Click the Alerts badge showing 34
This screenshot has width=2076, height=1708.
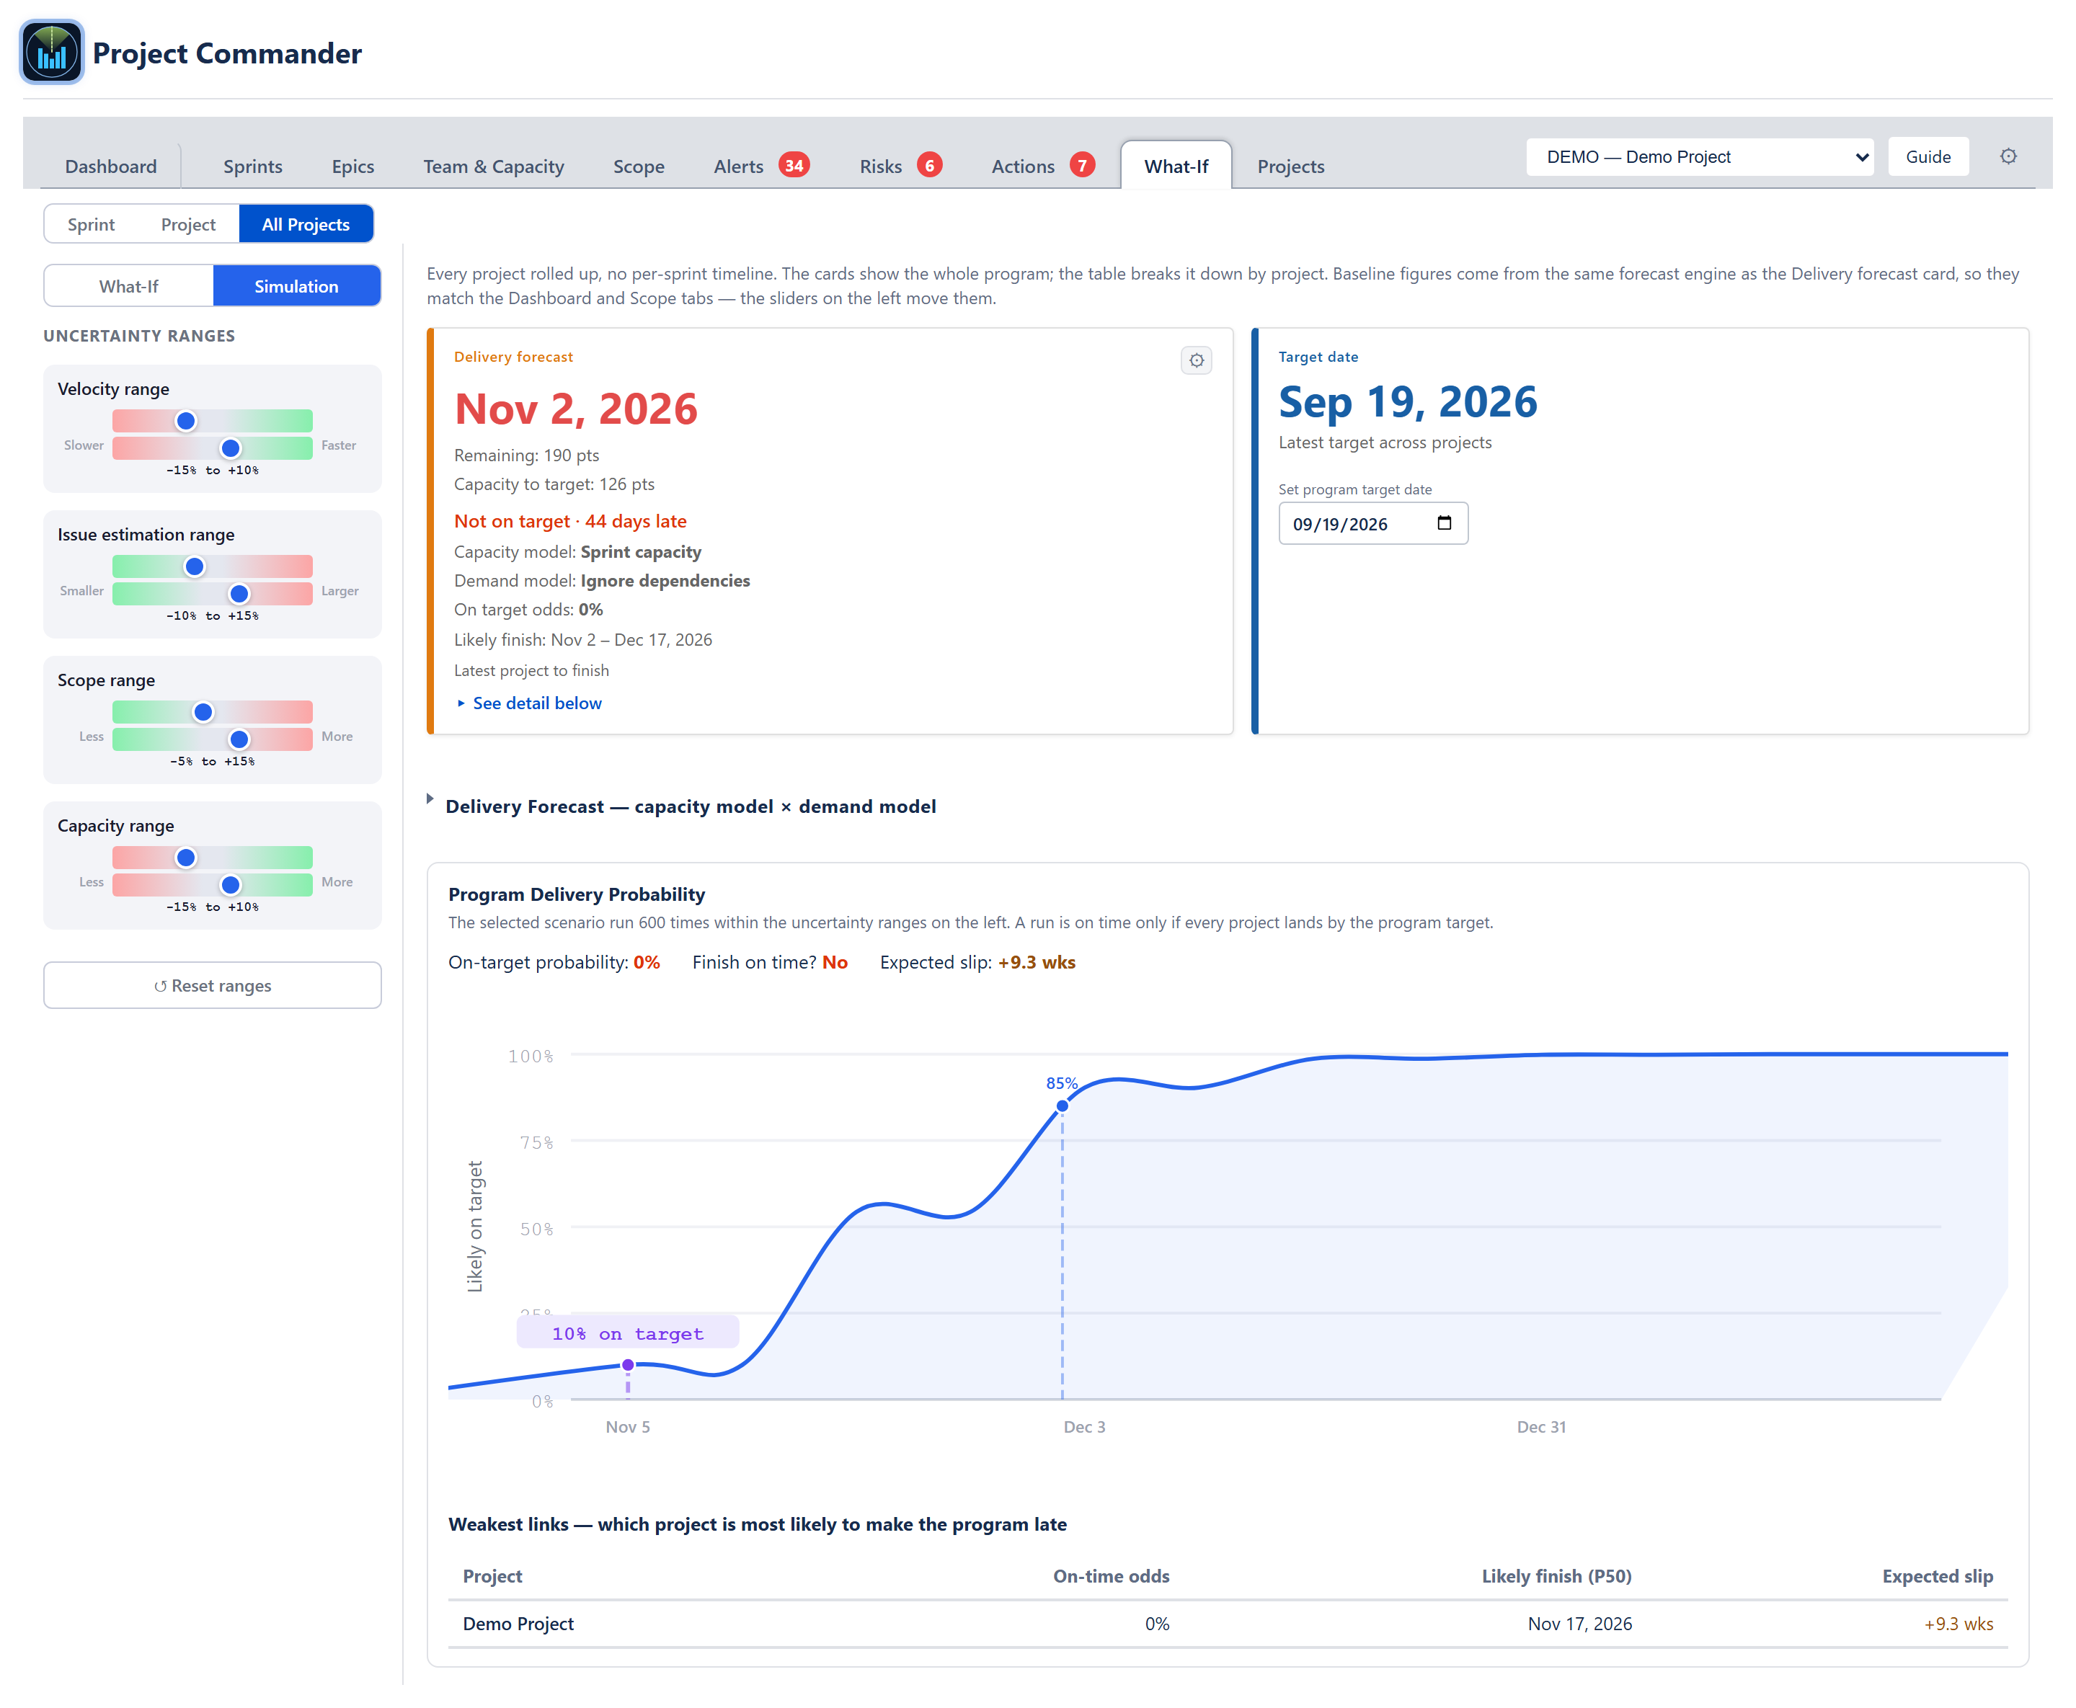[794, 165]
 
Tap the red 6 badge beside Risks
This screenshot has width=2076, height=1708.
[928, 165]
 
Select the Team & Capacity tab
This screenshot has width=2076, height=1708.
[493, 166]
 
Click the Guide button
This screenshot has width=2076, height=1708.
[1928, 156]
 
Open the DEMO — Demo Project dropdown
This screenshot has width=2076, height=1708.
[1699, 156]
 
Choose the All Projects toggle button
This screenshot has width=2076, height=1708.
[306, 224]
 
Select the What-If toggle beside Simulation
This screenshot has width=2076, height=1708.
[129, 286]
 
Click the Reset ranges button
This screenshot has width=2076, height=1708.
[213, 985]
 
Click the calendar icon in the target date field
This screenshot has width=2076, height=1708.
[1443, 522]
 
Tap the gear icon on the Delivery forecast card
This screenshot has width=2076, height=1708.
[1195, 360]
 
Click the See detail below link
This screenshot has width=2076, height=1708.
[536, 703]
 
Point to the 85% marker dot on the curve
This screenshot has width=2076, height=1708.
[1062, 1106]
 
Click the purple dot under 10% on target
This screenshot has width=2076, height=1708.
[628, 1365]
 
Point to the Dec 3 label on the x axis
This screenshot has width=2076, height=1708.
[1084, 1427]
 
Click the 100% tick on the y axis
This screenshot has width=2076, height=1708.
[531, 1056]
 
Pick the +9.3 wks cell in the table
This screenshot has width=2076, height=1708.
[1958, 1624]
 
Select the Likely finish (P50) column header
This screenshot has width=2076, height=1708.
[1556, 1576]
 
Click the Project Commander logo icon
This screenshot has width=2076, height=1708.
[51, 52]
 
